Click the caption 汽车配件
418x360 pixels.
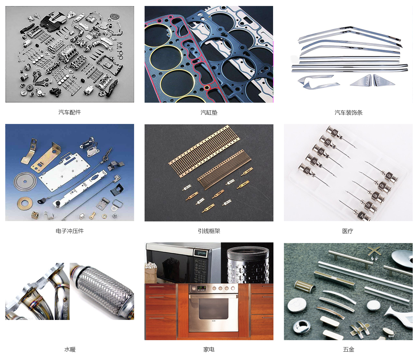[70, 112]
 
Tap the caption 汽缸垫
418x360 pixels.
[209, 112]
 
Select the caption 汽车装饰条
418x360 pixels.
[348, 112]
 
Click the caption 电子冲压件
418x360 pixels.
[70, 231]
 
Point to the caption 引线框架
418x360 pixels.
[209, 231]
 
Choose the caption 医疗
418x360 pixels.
[348, 231]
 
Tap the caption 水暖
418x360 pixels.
[70, 349]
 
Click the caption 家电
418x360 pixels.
[209, 349]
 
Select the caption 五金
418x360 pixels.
[348, 349]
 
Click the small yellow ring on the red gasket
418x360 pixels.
[207, 87]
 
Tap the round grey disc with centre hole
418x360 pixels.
[25, 181]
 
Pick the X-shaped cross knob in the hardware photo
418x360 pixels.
[374, 252]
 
